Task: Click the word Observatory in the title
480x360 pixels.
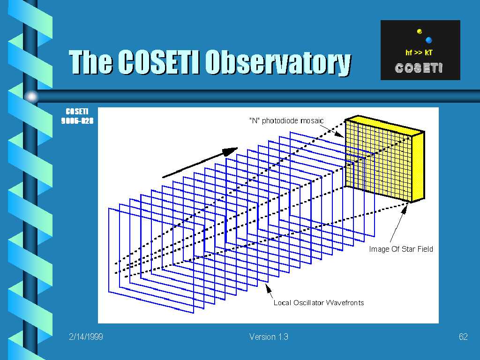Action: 278,63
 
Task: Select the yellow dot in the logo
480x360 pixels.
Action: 420,31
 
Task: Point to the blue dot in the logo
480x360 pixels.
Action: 429,40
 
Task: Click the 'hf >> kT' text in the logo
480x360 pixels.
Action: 419,52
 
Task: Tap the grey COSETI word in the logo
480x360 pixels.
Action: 419,68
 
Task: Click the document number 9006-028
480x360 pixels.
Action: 77,121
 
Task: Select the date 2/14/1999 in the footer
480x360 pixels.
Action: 86,337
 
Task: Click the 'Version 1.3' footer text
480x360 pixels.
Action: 269,337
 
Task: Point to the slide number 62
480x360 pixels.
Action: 463,337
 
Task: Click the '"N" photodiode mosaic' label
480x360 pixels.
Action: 286,120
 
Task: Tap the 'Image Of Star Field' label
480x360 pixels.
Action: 401,249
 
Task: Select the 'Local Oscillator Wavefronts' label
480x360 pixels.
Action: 319,303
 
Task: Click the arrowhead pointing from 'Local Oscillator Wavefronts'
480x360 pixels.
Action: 268,287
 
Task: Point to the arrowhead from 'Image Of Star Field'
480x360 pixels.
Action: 405,209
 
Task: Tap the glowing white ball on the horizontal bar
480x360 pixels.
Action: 31,97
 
